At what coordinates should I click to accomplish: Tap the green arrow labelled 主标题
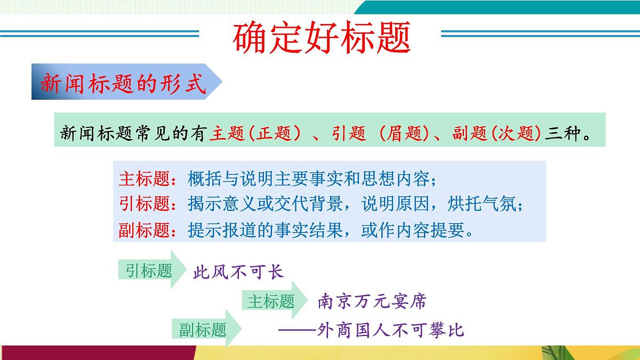273,301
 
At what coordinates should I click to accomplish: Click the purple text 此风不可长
238,272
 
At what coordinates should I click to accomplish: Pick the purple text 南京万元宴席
372,301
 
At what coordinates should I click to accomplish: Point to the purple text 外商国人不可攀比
390,330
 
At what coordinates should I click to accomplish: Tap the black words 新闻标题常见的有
133,133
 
